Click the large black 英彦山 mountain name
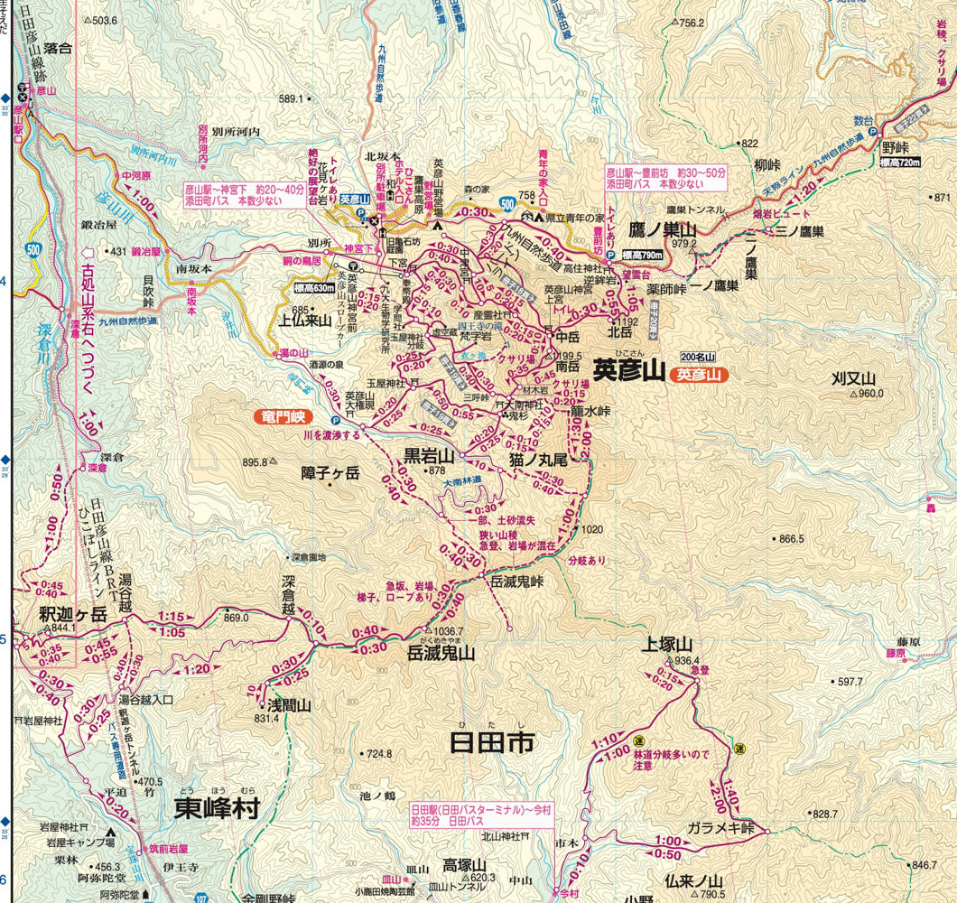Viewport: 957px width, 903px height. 628,370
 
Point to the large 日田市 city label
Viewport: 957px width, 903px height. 492,743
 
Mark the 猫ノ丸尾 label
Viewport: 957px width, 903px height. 538,460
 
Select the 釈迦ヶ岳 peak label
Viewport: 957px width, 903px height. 73,614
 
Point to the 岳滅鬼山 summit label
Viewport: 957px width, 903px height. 441,653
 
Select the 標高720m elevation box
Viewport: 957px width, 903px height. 899,162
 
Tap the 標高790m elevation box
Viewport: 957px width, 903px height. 643,256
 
